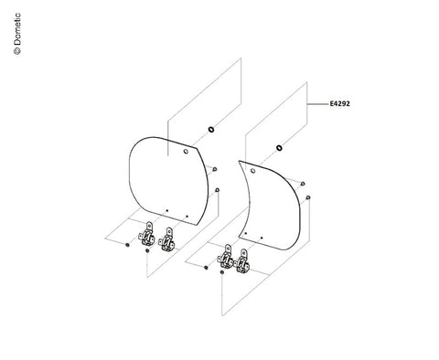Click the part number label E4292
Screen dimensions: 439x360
pos(340,103)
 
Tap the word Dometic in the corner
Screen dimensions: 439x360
pos(17,29)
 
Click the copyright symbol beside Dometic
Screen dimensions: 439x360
pos(17,51)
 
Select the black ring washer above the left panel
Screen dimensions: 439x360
pos(211,130)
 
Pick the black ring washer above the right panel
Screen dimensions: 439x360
pos(279,148)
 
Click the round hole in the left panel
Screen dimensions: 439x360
pos(186,152)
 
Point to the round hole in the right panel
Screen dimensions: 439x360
pos(252,171)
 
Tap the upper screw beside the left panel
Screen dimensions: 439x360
pos(215,169)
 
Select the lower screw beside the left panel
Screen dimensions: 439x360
pos(217,190)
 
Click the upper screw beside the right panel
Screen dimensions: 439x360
pos(303,184)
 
